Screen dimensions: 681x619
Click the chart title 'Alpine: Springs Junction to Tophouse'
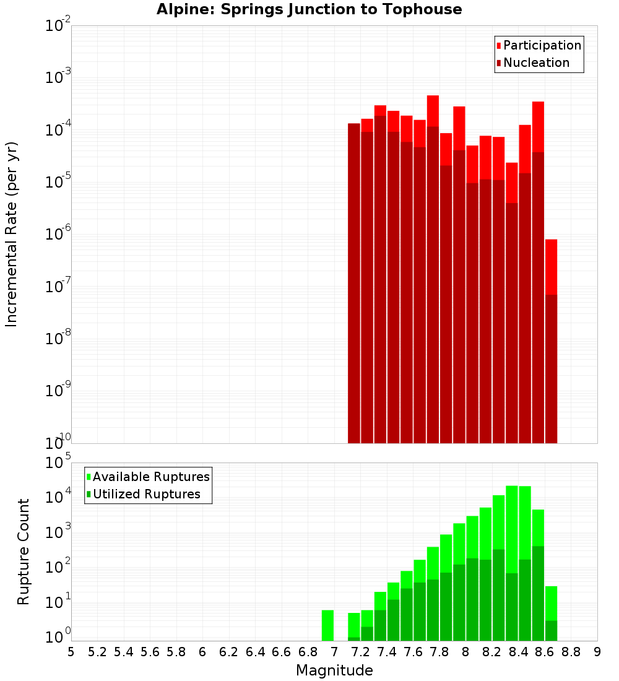coord(309,9)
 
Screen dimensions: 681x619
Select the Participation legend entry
coord(539,45)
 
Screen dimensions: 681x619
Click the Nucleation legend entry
coord(532,63)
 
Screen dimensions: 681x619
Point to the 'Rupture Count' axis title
coord(24,552)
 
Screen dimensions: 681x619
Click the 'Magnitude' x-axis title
coord(334,670)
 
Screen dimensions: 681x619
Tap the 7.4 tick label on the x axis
coord(387,652)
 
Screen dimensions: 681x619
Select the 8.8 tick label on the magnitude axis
coord(571,652)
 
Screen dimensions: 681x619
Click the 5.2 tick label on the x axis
coord(97,652)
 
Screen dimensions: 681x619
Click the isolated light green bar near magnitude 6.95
coord(327,625)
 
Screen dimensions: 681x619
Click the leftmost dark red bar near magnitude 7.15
coord(354,279)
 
